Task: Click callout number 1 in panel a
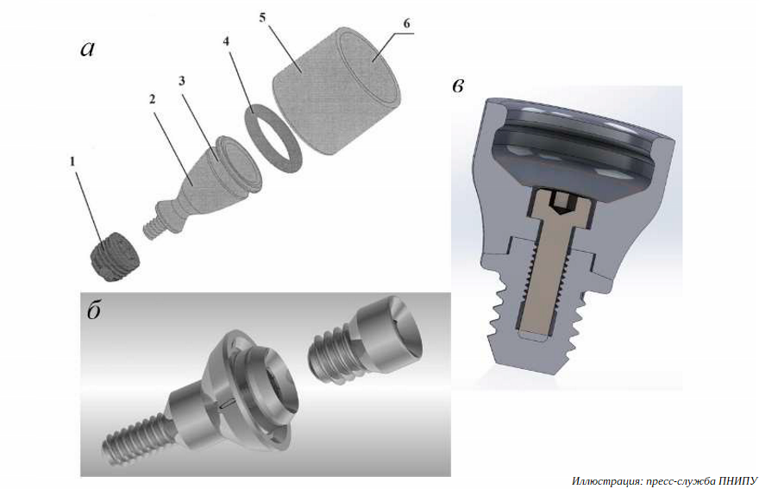[72, 161]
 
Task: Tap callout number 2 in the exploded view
[153, 99]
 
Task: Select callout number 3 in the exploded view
[181, 81]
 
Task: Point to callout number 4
[226, 41]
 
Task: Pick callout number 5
[262, 18]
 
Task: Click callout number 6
[406, 23]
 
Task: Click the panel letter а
[88, 48]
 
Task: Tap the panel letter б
[94, 310]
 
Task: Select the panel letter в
[458, 85]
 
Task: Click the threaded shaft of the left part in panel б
[135, 438]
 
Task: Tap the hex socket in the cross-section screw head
[561, 203]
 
